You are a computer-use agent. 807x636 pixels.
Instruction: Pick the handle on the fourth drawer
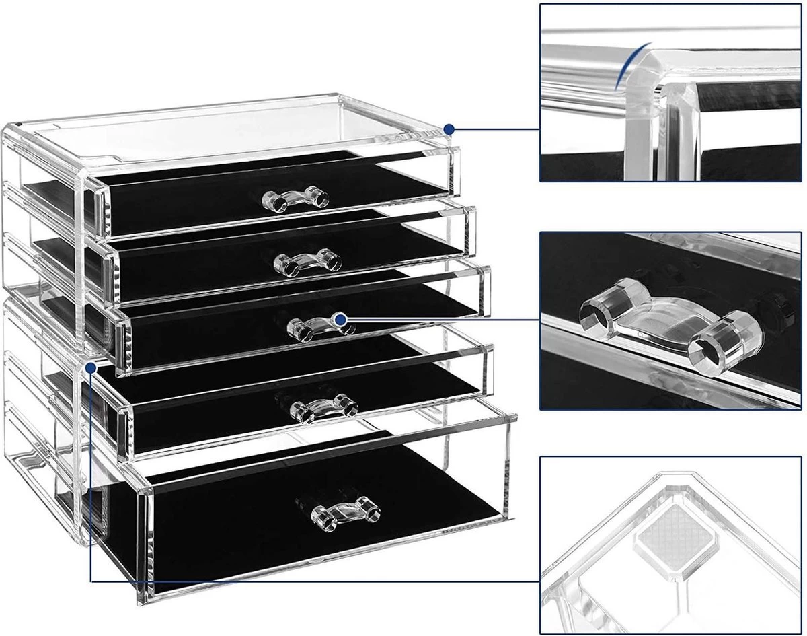pos(323,406)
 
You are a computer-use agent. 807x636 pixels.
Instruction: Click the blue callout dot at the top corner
pos(450,128)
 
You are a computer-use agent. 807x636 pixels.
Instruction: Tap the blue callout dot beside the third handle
pos(340,320)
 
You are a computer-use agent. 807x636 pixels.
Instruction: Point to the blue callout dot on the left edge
pos(90,367)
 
